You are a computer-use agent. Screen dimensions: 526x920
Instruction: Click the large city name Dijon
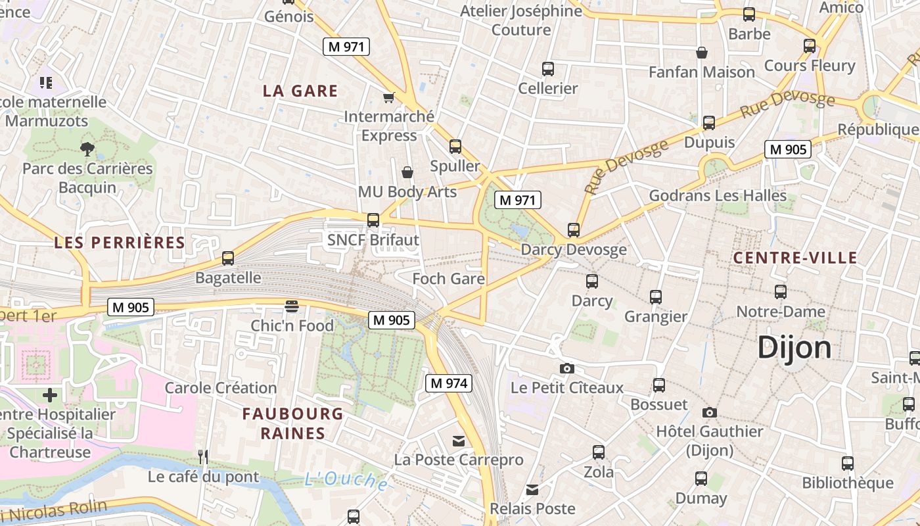794,348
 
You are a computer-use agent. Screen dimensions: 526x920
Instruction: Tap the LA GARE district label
300,91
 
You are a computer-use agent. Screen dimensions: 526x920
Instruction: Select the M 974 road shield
449,383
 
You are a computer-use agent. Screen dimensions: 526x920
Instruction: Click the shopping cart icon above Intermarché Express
388,97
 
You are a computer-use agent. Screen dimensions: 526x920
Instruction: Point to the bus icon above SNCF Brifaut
373,220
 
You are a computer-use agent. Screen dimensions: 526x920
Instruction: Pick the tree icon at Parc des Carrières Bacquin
87,149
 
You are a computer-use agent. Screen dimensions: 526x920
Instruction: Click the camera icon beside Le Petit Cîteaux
566,368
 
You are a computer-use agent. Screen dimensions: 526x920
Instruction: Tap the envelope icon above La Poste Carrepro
458,441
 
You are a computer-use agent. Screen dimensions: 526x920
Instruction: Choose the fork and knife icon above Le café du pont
203,456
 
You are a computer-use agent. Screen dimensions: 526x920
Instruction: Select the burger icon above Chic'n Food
292,306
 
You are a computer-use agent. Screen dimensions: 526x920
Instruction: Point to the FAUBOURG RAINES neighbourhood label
292,423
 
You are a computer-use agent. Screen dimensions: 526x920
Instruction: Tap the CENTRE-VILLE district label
795,258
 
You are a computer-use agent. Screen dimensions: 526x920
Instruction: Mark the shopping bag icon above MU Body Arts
407,172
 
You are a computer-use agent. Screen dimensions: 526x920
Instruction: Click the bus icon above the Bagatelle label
228,258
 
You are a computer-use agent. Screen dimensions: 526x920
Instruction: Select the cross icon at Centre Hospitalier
50,395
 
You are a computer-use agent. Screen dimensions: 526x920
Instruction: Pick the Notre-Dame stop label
781,311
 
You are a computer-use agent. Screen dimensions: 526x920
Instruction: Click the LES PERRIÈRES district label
120,243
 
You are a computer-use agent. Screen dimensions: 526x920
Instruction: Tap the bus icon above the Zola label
599,452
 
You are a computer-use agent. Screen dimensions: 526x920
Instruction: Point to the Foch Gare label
448,279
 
